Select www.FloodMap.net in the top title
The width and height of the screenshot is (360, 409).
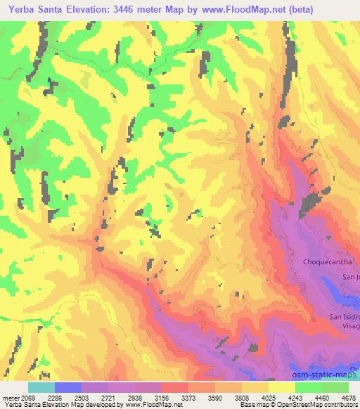pyautogui.click(x=243, y=9)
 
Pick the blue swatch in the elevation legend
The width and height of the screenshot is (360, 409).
pyautogui.click(x=68, y=387)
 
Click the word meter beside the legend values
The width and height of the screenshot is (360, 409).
pyautogui.click(x=9, y=397)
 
